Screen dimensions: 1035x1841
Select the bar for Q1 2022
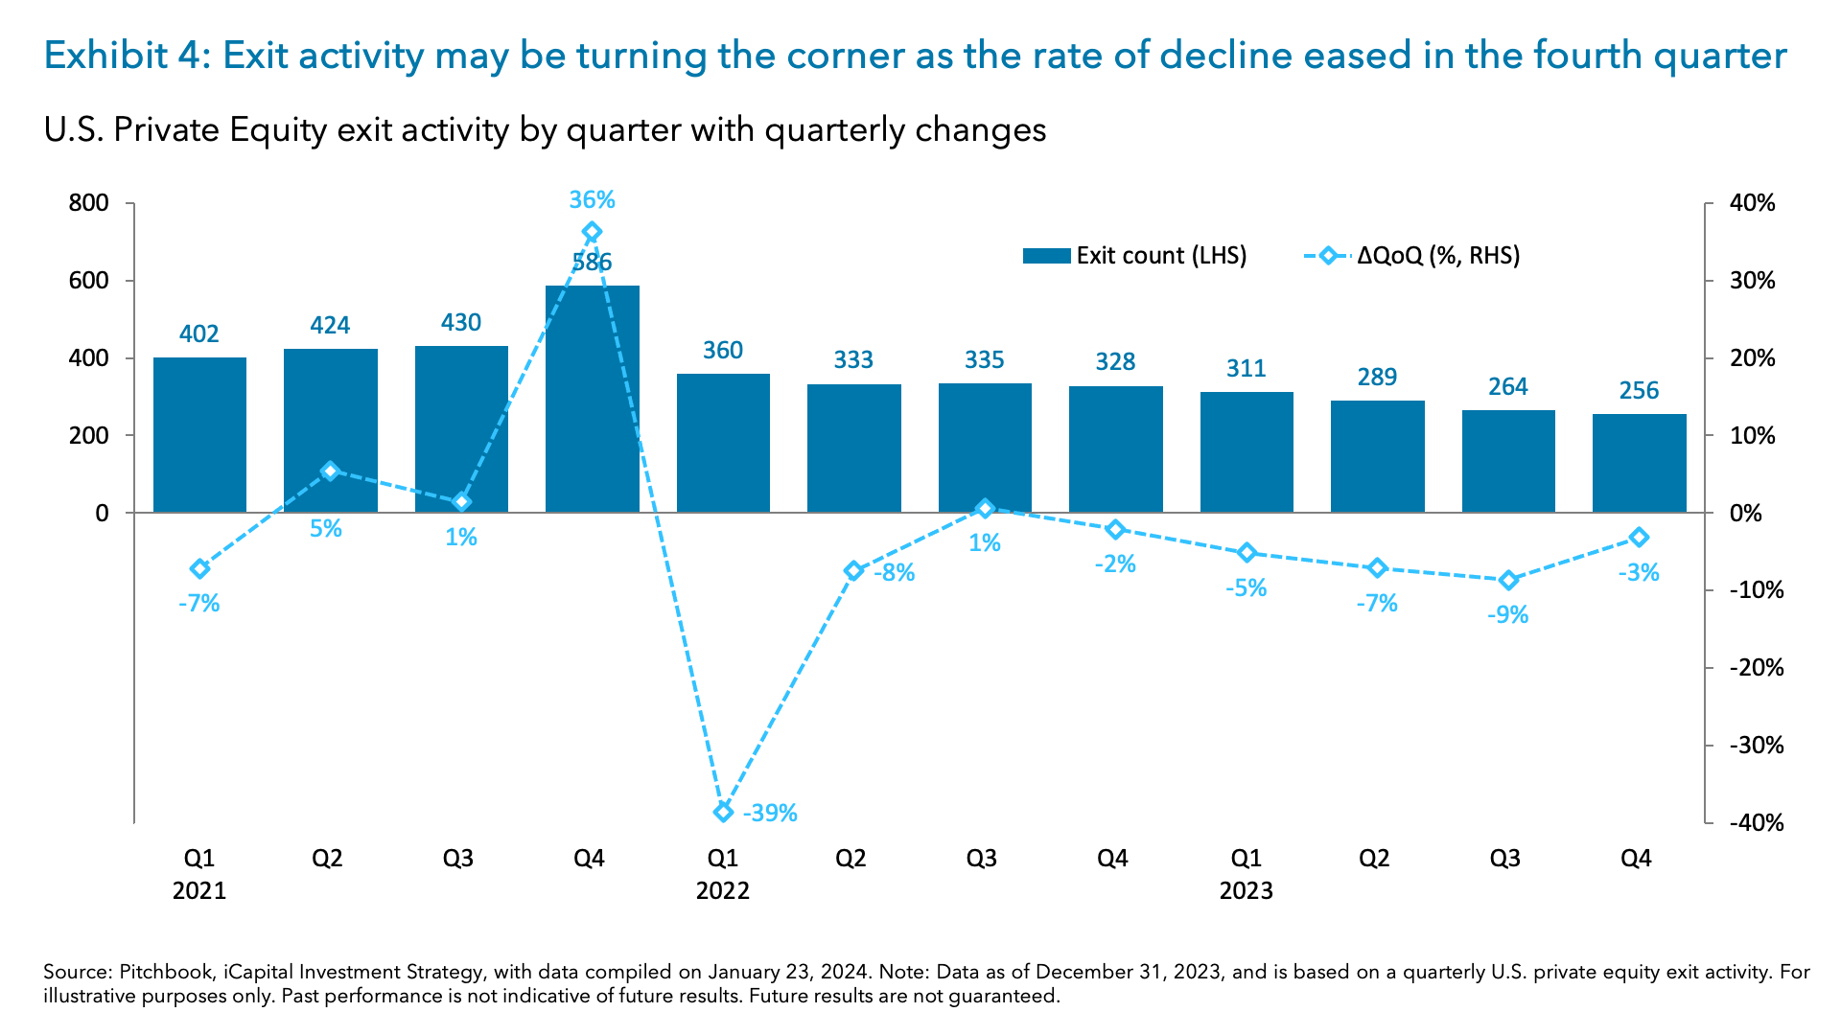pyautogui.click(x=722, y=443)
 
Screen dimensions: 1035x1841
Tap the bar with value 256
pyautogui.click(x=1639, y=464)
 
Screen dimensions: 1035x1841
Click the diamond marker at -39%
pyautogui.click(x=723, y=813)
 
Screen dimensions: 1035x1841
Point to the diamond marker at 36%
pyautogui.click(x=592, y=232)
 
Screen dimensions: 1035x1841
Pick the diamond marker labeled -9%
pyautogui.click(x=1508, y=580)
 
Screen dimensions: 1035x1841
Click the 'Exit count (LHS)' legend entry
pyautogui.click(x=1135, y=256)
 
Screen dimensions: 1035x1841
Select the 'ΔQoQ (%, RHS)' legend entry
pyautogui.click(x=1413, y=256)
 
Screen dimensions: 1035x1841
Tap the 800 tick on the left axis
pyautogui.click(x=88, y=203)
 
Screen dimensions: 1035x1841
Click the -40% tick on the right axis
pyautogui.click(x=1756, y=822)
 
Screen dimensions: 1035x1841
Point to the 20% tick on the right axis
pyautogui.click(x=1752, y=358)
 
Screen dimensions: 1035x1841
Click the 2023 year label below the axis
pyautogui.click(x=1246, y=890)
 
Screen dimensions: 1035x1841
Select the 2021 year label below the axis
pyautogui.click(x=198, y=890)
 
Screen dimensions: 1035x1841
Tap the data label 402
pyautogui.click(x=198, y=333)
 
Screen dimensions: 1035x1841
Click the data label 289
pyautogui.click(x=1377, y=377)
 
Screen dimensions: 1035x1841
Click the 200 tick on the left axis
pyautogui.click(x=88, y=435)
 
